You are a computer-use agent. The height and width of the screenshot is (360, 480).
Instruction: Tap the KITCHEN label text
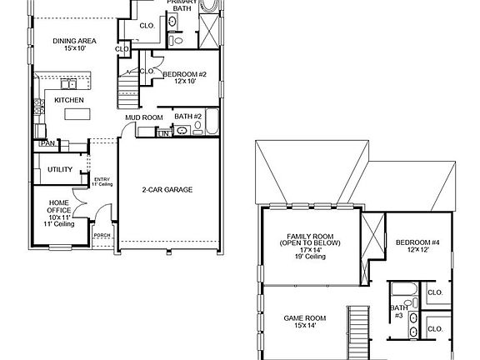coord(68,100)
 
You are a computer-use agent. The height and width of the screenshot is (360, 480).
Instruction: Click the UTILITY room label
coord(60,169)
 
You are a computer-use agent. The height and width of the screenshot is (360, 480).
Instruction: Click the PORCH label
coord(102,236)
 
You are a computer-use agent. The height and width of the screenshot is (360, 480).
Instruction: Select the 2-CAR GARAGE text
coord(167,190)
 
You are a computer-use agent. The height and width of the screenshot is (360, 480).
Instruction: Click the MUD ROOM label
coord(143,117)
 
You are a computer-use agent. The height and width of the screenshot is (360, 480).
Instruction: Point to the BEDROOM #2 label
coord(185,77)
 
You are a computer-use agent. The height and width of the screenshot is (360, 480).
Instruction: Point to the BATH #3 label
coord(398,312)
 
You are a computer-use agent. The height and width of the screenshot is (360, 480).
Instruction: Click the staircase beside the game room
coord(358,332)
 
